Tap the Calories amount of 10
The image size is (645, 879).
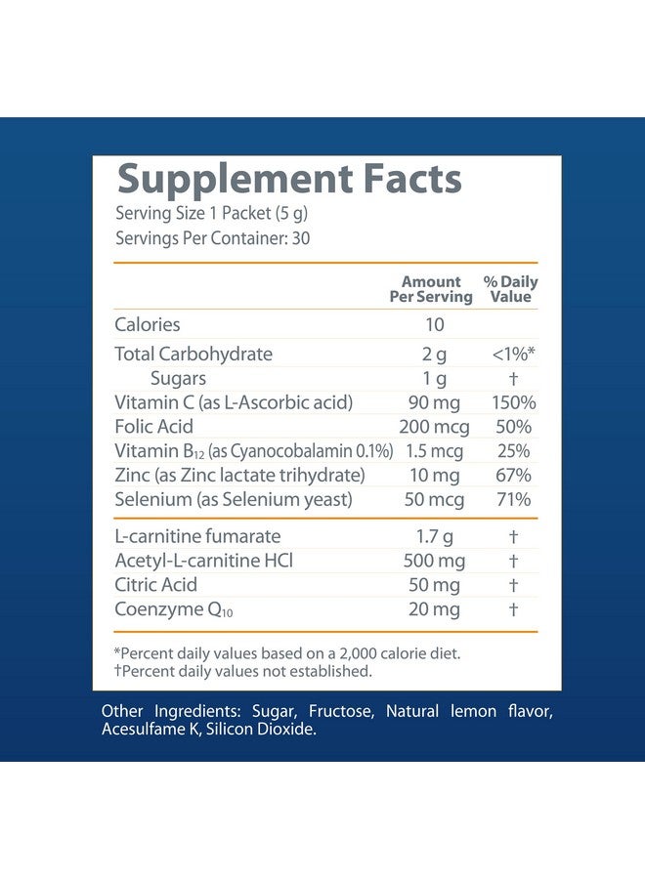(x=434, y=324)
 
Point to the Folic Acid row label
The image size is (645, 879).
(x=154, y=427)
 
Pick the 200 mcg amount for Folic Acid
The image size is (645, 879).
(x=434, y=427)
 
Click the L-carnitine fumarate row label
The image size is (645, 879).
(x=197, y=536)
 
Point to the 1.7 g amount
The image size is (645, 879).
(x=434, y=536)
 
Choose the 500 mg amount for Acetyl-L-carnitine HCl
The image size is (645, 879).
(x=434, y=561)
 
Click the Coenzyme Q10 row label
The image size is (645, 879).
(x=174, y=609)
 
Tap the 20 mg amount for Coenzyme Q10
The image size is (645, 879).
(x=434, y=609)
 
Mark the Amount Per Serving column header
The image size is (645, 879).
(x=431, y=289)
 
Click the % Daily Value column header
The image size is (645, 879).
(x=511, y=289)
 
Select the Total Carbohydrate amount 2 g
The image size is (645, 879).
(x=434, y=354)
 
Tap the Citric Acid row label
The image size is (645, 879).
(x=156, y=585)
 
